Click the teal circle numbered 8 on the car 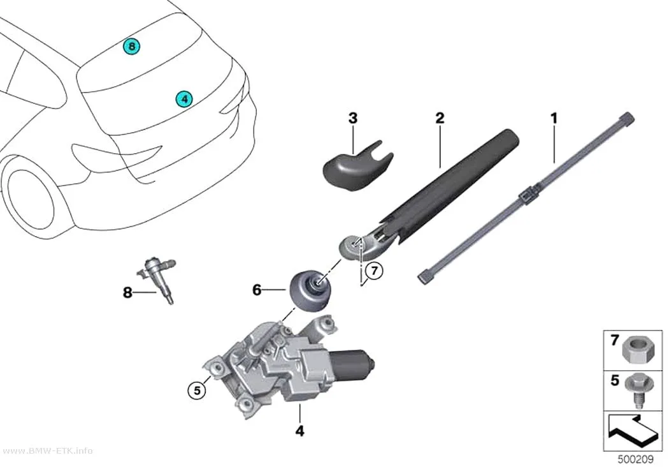tap(132, 46)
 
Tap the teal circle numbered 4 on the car tap(184, 99)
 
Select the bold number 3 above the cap tap(353, 118)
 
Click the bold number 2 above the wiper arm tap(440, 118)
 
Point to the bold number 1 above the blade tap(554, 118)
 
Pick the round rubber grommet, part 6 tap(310, 291)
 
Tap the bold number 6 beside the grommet tap(257, 290)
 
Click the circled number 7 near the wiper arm tap(374, 271)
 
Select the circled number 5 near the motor tap(197, 390)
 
